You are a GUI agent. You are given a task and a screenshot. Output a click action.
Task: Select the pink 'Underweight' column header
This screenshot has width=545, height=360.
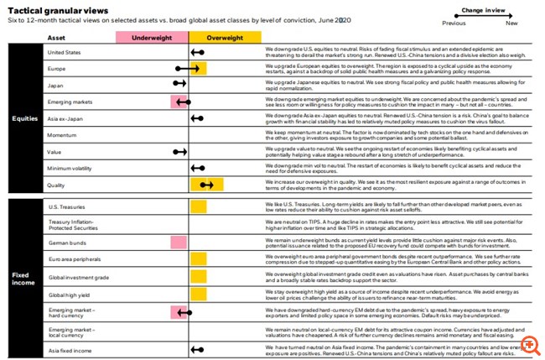(x=152, y=38)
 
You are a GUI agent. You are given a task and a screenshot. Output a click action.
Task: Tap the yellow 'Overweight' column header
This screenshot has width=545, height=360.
(x=224, y=38)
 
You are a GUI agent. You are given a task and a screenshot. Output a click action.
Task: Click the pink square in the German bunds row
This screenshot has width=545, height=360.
(x=179, y=242)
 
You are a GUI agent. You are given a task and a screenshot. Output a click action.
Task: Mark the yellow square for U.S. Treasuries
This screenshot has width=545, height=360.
(x=199, y=206)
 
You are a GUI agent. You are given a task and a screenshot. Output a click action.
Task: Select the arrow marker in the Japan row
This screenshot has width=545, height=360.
(x=179, y=85)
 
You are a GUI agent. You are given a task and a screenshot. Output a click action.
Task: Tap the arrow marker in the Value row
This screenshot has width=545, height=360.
(x=179, y=152)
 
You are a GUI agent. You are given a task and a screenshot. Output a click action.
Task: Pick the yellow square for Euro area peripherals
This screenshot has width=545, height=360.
(x=199, y=260)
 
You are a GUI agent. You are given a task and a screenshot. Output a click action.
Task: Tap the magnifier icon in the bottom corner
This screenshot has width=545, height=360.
(x=530, y=345)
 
